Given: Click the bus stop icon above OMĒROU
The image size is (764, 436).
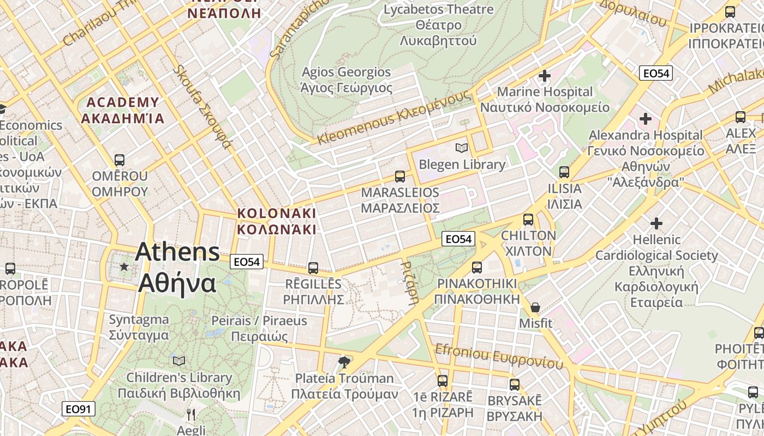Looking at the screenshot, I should (120, 160).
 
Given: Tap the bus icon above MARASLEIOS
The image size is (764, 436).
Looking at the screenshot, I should (400, 177).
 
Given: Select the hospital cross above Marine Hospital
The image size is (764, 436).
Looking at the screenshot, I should (544, 76).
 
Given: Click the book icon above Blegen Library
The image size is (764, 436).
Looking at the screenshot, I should (462, 148).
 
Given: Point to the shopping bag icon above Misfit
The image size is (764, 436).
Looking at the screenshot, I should (535, 307).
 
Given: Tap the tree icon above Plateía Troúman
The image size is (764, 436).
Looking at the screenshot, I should (344, 362).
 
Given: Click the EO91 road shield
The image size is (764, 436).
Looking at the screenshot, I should (79, 409).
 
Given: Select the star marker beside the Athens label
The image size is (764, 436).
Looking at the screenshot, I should (124, 267).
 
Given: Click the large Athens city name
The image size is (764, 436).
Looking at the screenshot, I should (177, 267).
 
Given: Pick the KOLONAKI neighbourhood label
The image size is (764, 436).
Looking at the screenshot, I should (277, 220).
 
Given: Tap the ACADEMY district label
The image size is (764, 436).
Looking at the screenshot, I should (123, 110).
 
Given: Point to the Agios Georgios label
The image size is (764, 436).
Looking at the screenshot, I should (347, 80).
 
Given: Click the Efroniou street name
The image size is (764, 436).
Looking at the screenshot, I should (498, 356).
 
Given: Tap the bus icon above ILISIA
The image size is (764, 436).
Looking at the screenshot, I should (564, 172).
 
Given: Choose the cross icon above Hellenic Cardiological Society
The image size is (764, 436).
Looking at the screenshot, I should (656, 223).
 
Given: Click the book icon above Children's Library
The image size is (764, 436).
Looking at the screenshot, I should (179, 361).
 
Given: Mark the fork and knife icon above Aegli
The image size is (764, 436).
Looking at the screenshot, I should (191, 415).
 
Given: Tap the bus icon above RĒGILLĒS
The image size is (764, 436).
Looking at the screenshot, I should (313, 268).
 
